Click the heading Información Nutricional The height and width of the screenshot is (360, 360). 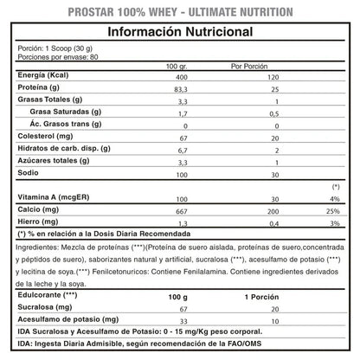click(x=180, y=33)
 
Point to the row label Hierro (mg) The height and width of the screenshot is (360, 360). click(x=38, y=224)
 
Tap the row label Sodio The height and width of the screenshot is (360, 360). click(x=29, y=174)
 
